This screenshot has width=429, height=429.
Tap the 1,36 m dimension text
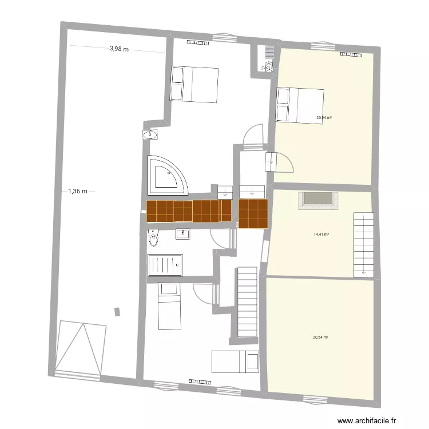coord(77,192)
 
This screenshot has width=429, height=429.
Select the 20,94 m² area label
coord(324,118)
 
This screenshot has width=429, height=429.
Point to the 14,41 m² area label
coord(321,234)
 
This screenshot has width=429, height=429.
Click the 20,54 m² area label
coord(320,337)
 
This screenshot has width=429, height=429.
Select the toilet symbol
coord(153,237)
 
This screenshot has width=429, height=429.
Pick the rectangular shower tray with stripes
coord(165,264)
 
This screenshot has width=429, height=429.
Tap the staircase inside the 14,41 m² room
coord(364,243)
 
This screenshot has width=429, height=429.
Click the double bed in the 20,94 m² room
coord(300,105)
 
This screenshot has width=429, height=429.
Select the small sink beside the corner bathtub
coord(150,135)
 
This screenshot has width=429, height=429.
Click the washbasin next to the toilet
coord(183,233)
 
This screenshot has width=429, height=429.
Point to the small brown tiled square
coord(253,213)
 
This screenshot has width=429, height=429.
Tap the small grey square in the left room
coord(118,312)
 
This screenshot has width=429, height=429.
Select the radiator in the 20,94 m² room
coord(352,54)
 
